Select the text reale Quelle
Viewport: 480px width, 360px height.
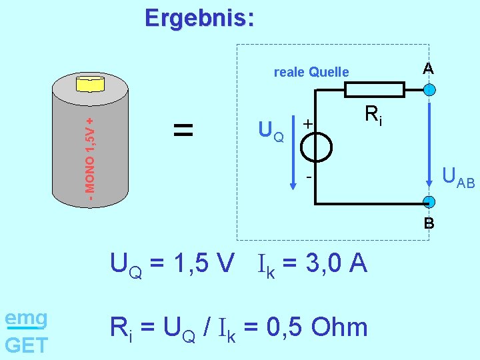click(311, 72)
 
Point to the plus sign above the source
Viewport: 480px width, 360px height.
click(307, 124)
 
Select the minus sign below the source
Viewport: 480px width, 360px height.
click(309, 178)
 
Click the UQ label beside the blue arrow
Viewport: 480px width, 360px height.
click(271, 132)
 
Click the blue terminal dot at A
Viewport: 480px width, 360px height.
click(429, 90)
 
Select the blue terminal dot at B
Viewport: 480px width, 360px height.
click(429, 202)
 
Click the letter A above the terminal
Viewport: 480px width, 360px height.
click(428, 69)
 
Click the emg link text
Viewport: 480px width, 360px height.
click(26, 318)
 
